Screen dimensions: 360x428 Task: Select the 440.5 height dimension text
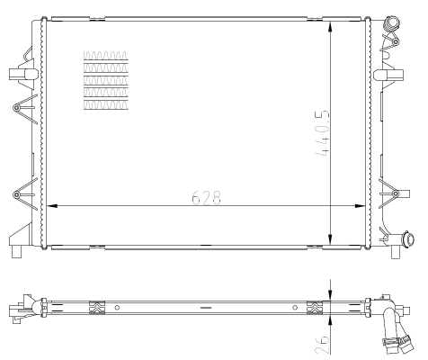pos(318,134)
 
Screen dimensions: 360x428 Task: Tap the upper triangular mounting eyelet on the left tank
pos(17,107)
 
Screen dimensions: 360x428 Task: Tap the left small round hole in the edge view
pos(118,308)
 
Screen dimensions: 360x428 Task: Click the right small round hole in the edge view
pos(295,308)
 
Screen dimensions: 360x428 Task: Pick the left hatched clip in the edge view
pos(98,308)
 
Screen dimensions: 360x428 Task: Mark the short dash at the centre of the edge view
pos(206,308)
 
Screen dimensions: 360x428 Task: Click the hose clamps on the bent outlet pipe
pos(393,341)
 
